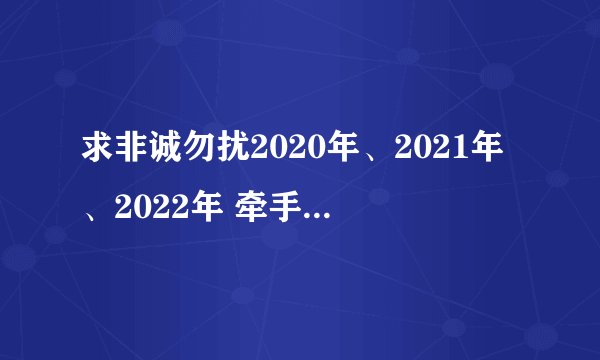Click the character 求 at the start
point(96,154)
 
